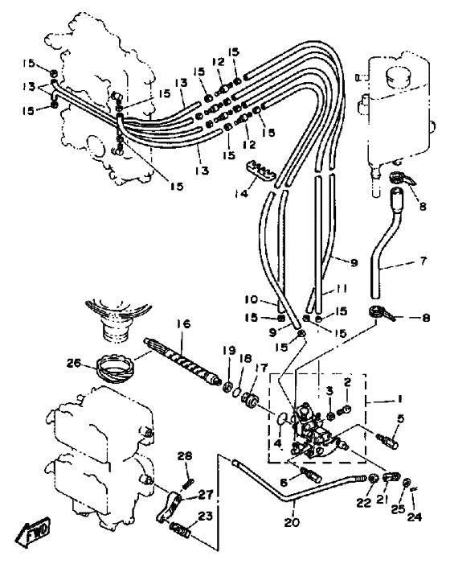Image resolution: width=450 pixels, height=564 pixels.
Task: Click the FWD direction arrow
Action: [x=33, y=529]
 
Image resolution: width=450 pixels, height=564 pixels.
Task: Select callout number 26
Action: [x=74, y=364]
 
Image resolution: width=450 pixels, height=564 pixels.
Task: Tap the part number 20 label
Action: [x=292, y=521]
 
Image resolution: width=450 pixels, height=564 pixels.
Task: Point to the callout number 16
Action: [x=183, y=324]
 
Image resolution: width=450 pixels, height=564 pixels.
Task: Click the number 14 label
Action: [x=241, y=194]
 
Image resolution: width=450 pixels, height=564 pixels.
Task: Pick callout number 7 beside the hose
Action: [x=423, y=261]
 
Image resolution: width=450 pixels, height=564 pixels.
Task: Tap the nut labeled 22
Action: [x=374, y=479]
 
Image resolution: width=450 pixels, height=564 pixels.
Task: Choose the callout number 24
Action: [x=415, y=517]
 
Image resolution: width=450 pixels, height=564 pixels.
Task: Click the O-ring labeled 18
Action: [x=235, y=391]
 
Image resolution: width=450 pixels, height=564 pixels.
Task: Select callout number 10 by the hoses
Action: [x=252, y=299]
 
